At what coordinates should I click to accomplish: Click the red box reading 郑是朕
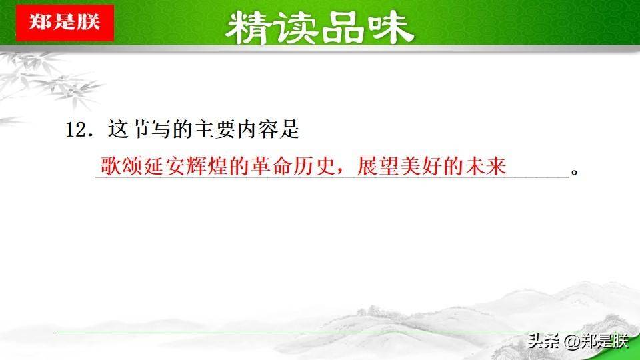tap(65, 23)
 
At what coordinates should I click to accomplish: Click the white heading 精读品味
tap(319, 28)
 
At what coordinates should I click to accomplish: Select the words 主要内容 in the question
tap(235, 129)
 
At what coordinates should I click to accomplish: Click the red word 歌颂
tap(121, 166)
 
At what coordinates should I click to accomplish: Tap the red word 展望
tap(377, 166)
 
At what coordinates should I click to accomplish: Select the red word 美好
tap(421, 166)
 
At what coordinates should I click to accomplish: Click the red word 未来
tap(485, 166)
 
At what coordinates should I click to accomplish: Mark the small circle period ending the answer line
tap(574, 172)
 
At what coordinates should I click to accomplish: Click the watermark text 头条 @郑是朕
tap(578, 341)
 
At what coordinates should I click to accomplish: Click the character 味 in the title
tap(391, 28)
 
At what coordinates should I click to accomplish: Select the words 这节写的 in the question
tap(149, 129)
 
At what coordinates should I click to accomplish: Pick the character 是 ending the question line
tap(289, 129)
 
